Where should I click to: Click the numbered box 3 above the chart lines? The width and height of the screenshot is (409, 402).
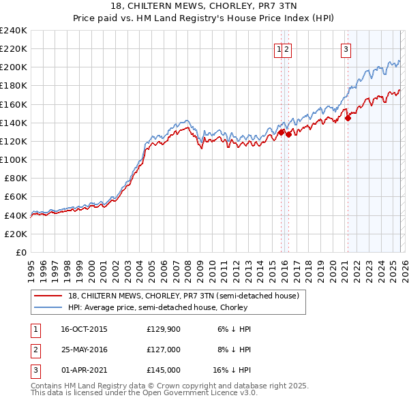click(346, 48)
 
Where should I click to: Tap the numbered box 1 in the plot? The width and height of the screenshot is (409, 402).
click(279, 48)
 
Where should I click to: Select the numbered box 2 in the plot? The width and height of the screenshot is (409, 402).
click(287, 48)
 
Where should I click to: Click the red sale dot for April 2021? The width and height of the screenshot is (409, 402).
click(348, 118)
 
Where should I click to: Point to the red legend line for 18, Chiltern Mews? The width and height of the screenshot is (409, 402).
click(48, 296)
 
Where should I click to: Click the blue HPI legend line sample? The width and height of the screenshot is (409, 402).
click(48, 307)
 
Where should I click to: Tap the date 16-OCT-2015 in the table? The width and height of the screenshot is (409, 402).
click(84, 329)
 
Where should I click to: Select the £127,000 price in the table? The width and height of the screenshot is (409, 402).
click(163, 350)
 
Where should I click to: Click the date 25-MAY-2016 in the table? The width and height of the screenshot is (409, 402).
click(84, 350)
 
